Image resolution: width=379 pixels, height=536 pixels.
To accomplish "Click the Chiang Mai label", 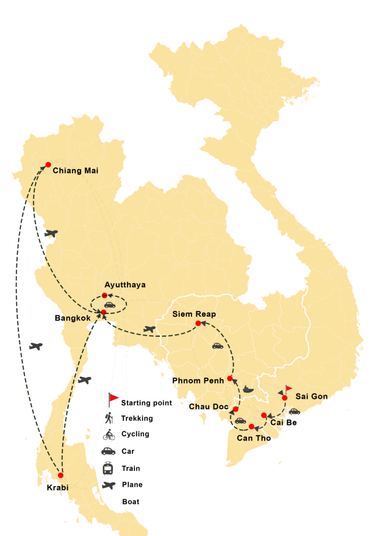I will coord(76,171).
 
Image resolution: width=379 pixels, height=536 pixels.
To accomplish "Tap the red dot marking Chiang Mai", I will coord(48,164).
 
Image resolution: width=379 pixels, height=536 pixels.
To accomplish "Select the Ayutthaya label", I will coord(125,285).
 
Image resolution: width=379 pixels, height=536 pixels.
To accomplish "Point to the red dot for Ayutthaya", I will coord(105,295).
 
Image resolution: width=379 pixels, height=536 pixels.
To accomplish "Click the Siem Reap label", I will coord(194,314).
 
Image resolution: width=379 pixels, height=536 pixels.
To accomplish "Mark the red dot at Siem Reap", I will coord(198,323).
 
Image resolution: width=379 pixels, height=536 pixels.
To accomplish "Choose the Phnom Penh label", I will coord(198,381).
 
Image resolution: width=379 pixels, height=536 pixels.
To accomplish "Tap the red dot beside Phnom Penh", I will coord(230,378).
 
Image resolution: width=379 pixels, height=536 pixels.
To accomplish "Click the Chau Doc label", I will coord(208,406).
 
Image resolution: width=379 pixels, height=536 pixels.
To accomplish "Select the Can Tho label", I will coord(253,438).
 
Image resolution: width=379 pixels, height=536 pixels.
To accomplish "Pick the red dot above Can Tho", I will coord(252,426).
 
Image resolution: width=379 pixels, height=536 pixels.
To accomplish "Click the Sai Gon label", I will coord(311,397).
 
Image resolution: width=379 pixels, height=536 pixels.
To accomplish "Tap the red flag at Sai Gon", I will coord(289,388).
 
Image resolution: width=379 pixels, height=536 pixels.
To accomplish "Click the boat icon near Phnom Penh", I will coord(248,389).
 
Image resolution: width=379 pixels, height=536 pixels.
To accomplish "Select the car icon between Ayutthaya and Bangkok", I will coord(110,305).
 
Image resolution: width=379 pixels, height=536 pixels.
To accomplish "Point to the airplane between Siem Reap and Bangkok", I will coord(149,329).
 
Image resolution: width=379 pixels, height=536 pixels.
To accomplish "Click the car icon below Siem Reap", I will coord(217,345).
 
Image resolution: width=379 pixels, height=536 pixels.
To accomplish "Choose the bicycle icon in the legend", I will coord(109,435).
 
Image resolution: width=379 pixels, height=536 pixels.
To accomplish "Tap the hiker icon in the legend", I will coord(108,418).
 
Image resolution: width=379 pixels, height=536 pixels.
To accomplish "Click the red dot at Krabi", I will coord(60,475).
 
